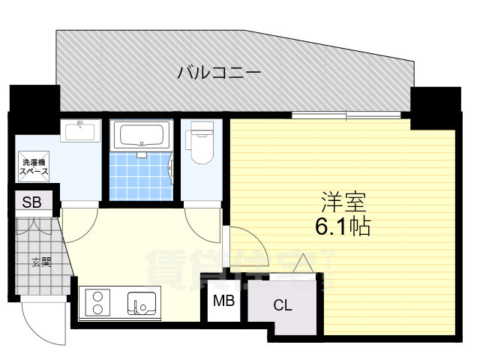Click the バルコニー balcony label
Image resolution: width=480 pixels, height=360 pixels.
[x=218, y=73]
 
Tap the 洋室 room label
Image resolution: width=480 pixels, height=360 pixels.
[x=343, y=201]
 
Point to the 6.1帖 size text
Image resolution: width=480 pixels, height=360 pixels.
[x=344, y=226]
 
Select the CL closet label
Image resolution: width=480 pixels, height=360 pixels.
[x=282, y=305]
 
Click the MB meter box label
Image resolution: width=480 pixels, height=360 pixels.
[x=223, y=302]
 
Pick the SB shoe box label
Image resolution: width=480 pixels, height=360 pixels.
[x=31, y=201]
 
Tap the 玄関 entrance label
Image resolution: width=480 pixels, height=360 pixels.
[x=40, y=262]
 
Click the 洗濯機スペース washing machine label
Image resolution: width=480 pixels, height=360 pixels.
[x=34, y=166]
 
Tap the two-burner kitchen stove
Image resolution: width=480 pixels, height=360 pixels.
[x=98, y=304]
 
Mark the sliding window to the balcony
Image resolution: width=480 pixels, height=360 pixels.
[x=346, y=115]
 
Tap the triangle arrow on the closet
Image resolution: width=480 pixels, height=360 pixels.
[x=304, y=265]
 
